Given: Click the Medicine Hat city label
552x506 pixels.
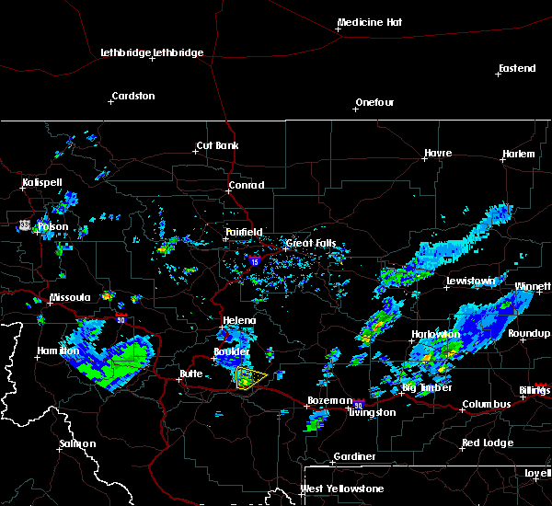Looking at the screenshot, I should pyautogui.click(x=371, y=22).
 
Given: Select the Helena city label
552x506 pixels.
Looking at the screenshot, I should pyautogui.click(x=240, y=320).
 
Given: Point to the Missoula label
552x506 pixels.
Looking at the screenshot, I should pyautogui.click(x=70, y=297).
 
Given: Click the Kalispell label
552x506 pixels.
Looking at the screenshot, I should pyautogui.click(x=42, y=182).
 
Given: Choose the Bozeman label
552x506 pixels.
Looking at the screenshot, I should pyautogui.click(x=329, y=400).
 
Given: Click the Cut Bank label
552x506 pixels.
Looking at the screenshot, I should pyautogui.click(x=217, y=146).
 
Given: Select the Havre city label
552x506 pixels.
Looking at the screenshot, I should pyautogui.click(x=438, y=153).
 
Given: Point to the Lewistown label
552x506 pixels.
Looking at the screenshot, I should pyautogui.click(x=471, y=281).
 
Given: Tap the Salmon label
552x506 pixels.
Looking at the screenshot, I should pyautogui.click(x=77, y=443).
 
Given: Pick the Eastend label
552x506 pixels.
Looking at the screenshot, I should pyautogui.click(x=516, y=69).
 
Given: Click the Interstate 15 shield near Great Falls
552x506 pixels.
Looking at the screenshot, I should pyautogui.click(x=253, y=261).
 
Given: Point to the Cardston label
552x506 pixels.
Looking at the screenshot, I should pyautogui.click(x=132, y=96).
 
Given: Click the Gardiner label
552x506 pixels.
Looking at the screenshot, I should pyautogui.click(x=355, y=456).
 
